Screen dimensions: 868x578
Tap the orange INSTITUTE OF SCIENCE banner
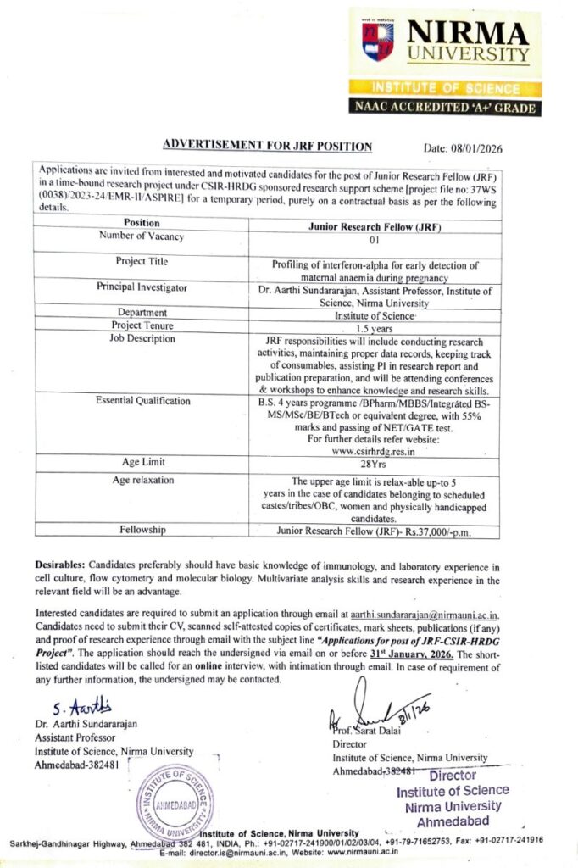click(444, 87)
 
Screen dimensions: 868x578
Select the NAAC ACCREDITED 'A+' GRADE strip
click(444, 107)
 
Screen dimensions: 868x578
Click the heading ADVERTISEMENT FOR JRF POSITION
click(267, 147)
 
